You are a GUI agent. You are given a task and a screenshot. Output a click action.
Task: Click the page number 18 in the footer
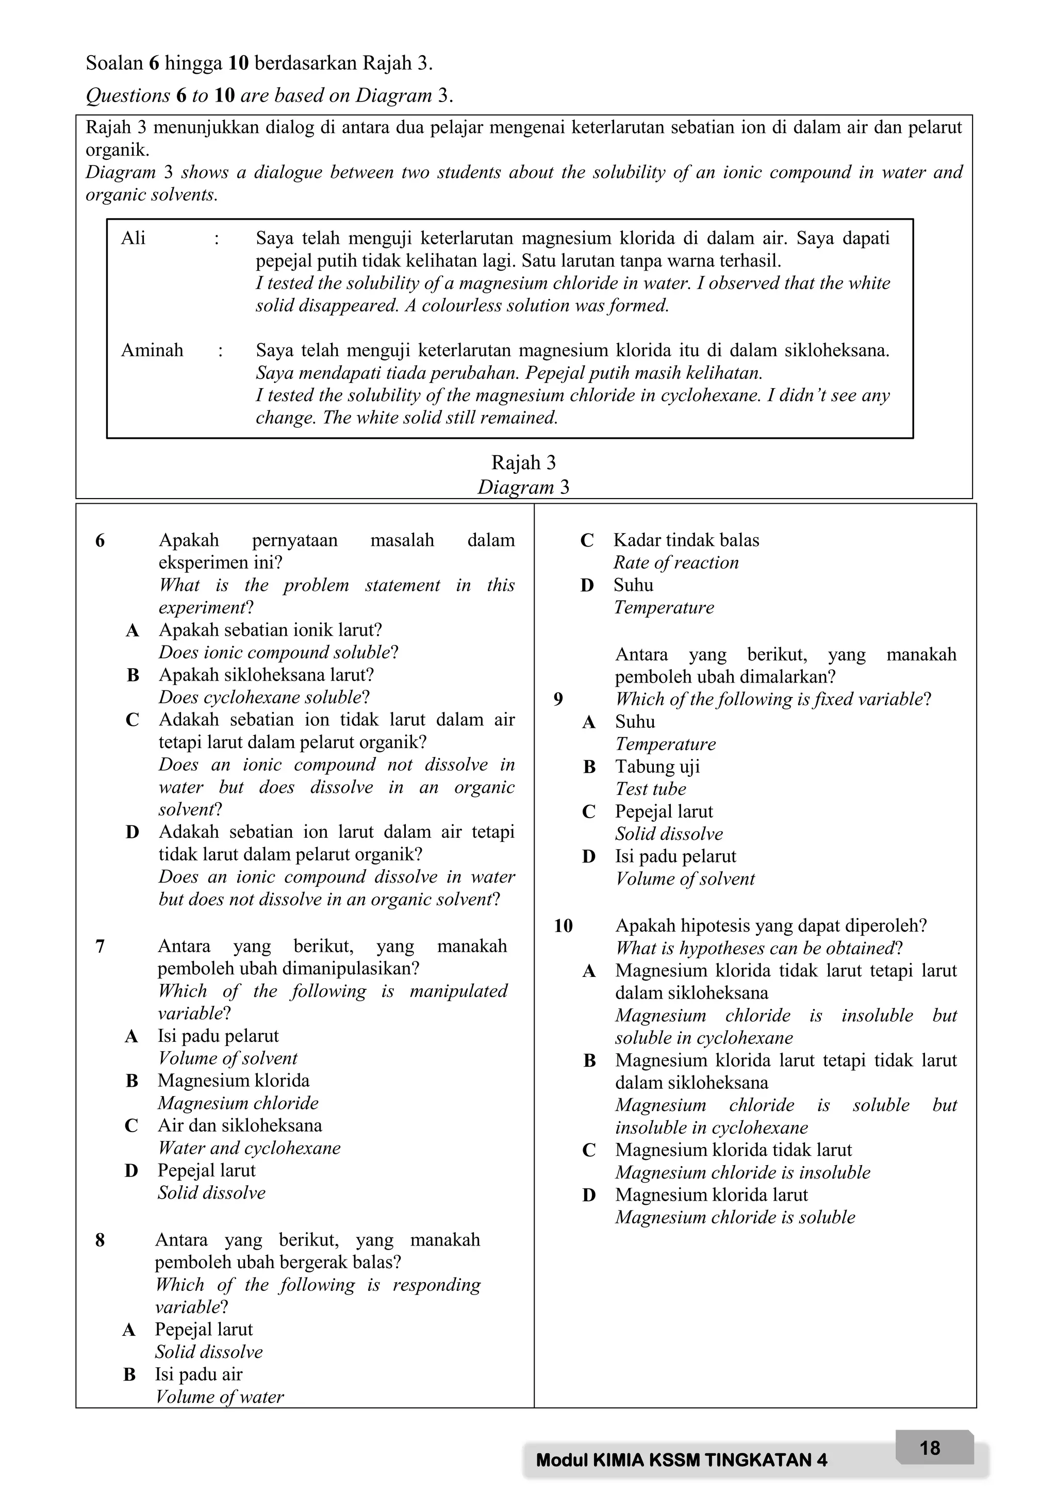point(929,1448)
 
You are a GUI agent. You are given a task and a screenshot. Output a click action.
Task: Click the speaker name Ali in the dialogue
point(134,238)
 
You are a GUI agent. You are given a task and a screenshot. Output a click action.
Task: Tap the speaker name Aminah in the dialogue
point(152,351)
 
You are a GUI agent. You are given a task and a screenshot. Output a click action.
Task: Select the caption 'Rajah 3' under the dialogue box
point(523,462)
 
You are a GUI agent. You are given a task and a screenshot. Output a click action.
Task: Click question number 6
point(100,540)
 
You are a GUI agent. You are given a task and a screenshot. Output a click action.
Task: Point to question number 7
point(100,946)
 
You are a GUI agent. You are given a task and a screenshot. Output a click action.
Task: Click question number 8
point(100,1240)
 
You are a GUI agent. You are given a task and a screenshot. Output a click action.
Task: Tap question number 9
point(558,699)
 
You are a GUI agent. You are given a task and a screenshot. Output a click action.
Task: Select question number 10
point(563,926)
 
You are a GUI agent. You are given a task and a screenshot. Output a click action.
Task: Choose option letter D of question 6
point(132,832)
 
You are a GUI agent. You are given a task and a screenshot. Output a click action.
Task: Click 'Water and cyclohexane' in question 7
point(249,1148)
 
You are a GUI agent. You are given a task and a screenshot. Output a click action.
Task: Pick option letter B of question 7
point(132,1081)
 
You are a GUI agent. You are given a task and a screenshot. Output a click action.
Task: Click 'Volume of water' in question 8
point(220,1397)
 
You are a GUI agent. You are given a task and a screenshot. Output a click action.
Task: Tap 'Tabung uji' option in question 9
point(657,767)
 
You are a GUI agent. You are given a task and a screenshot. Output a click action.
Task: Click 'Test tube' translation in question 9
point(650,789)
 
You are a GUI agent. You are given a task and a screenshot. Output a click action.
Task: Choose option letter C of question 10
point(589,1150)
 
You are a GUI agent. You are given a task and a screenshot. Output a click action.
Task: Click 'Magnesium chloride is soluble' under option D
point(735,1217)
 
